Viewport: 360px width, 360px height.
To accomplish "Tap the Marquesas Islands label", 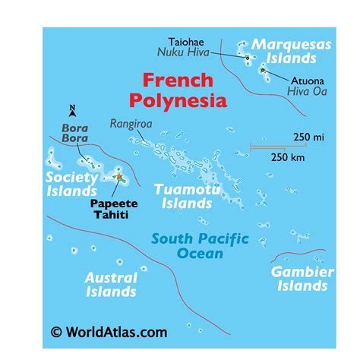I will [292, 51].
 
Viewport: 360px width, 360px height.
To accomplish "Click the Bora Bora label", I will [74, 134].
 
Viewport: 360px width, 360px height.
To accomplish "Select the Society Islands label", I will [72, 184].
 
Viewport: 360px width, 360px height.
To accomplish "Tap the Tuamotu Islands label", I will [182, 196].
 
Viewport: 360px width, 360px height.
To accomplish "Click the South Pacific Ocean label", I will [200, 245].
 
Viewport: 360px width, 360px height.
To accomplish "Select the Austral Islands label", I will [111, 285].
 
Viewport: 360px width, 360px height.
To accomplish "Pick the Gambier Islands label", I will [302, 278].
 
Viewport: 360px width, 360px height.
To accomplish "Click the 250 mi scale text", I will [308, 137].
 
